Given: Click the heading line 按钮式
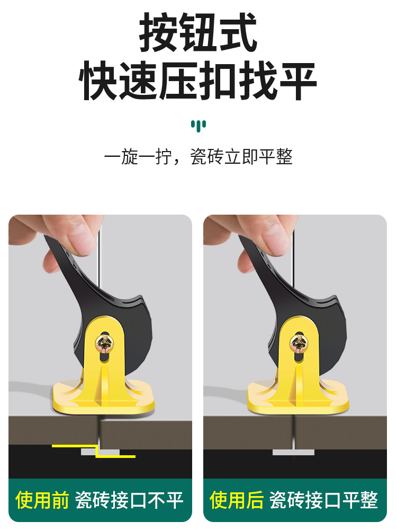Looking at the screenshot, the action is [198, 32].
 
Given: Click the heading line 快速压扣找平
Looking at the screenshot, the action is [198, 81].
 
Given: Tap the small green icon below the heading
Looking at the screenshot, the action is [198, 126].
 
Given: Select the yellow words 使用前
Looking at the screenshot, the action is [42, 500].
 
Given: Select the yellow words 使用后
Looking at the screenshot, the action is [237, 500].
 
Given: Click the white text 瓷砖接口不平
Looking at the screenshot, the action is [129, 500].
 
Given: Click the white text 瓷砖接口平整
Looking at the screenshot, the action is [324, 500].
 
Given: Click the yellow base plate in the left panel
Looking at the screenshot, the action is [103, 397].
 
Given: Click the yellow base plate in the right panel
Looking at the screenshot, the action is [297, 397].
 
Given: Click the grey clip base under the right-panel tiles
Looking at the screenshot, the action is [293, 452].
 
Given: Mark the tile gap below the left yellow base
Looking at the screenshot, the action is [100, 431].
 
